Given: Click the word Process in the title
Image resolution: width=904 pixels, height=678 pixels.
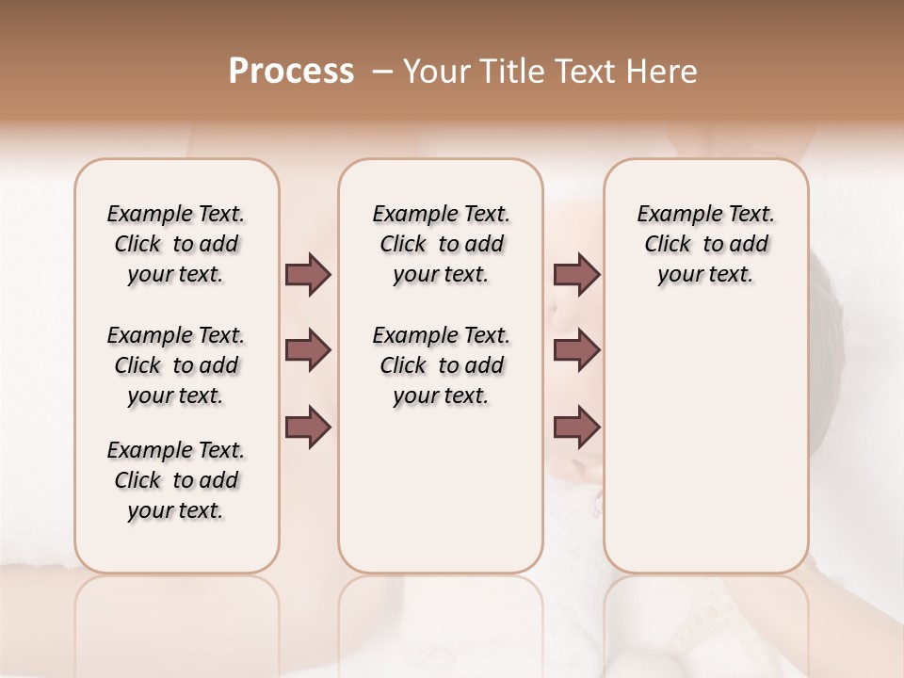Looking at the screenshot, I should (291, 72).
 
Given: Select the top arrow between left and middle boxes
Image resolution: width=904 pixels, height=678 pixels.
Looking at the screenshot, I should (308, 275).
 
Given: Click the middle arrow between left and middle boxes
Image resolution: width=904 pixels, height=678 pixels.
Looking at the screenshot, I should (308, 351).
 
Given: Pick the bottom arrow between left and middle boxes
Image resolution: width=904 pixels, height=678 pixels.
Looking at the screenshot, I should (308, 428).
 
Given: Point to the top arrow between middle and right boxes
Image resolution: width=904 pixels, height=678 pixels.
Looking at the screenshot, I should (576, 275).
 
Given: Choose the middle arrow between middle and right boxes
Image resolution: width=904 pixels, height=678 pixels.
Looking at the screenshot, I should (576, 351).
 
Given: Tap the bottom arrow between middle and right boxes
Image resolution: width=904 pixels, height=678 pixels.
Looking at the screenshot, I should (576, 428).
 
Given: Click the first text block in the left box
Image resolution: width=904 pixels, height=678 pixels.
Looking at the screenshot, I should (176, 244).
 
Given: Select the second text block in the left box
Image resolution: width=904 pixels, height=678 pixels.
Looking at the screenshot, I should (176, 365).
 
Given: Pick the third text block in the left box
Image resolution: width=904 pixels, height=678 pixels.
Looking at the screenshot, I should (176, 480).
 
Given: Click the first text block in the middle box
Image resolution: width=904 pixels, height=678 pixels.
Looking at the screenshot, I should (441, 244).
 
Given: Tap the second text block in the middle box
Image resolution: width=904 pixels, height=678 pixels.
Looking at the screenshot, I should (441, 365).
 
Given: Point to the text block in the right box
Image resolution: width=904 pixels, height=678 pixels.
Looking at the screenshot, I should (705, 244).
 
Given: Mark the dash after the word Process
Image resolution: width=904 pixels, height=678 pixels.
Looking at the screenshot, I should (383, 72).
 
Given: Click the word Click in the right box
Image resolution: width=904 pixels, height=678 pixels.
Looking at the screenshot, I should (668, 245).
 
